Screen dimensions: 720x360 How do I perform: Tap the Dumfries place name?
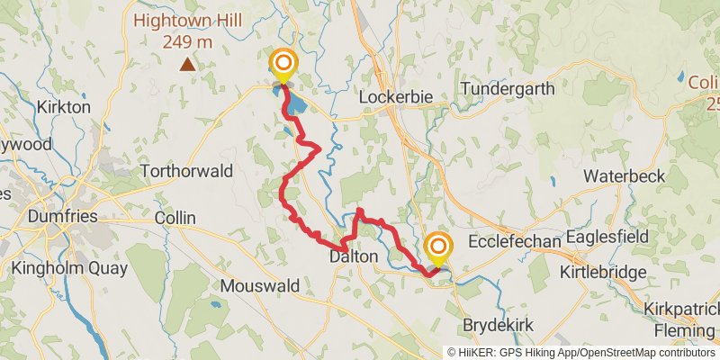(61, 216)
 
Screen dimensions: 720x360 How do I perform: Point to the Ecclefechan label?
(516, 243)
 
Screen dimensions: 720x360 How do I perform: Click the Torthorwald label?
(187, 171)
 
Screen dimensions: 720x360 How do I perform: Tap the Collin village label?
(175, 218)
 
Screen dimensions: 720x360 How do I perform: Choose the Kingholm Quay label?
(69, 268)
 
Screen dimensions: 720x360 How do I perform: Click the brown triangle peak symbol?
(187, 64)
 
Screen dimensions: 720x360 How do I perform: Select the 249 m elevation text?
(187, 40)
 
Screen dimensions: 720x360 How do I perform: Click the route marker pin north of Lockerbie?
(283, 63)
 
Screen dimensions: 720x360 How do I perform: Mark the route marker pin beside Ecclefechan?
(438, 247)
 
